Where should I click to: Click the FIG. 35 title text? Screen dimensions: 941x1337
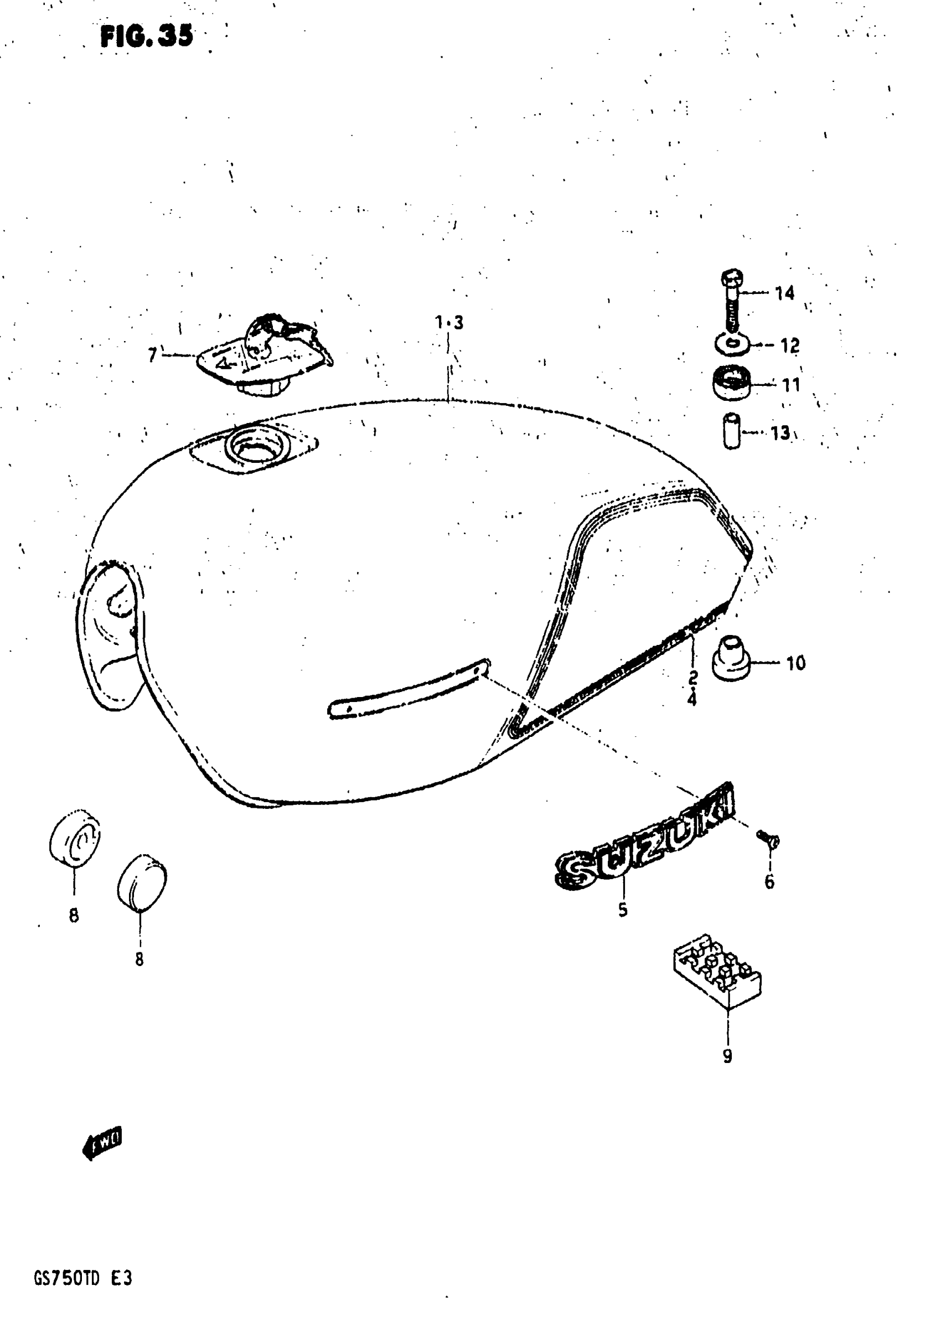[146, 37]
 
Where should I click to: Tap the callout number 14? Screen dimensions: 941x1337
[784, 293]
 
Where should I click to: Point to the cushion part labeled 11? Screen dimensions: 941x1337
[731, 383]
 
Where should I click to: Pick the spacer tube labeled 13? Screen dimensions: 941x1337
[731, 430]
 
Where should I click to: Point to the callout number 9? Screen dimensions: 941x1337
[727, 1056]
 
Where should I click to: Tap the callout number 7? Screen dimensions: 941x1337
[153, 354]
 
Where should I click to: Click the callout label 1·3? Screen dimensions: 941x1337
[449, 322]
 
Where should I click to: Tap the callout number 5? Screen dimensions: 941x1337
[623, 909]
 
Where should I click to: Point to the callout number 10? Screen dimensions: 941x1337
[795, 663]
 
